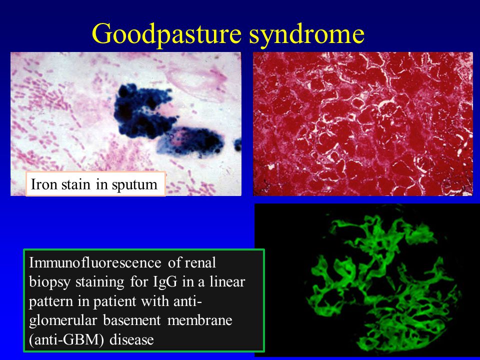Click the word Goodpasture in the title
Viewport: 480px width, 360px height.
tap(166, 34)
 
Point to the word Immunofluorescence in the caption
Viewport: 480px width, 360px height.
tap(95, 262)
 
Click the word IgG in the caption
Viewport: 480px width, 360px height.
tap(165, 282)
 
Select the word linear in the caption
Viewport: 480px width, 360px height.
tap(227, 281)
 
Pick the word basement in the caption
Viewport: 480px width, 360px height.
tap(131, 320)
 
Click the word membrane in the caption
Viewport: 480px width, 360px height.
tap(200, 320)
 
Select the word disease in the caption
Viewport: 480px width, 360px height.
tap(131, 339)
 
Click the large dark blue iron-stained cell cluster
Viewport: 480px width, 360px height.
tap(144, 111)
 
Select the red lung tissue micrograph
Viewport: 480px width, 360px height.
tap(363, 123)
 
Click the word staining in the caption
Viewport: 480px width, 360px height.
tap(100, 282)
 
